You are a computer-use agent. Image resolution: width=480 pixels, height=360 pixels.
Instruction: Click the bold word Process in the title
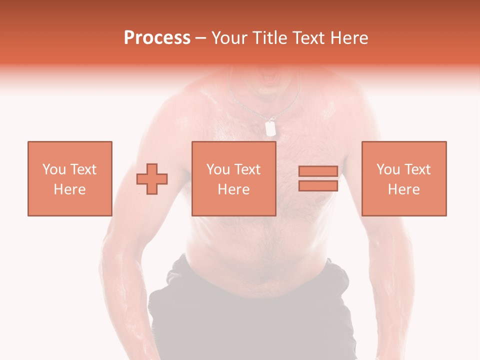tap(157, 38)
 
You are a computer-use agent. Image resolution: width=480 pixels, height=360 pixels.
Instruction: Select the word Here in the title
tap(349, 38)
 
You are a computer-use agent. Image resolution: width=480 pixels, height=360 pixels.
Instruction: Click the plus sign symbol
tap(152, 178)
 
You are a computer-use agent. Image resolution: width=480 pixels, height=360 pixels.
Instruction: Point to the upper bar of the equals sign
tap(318, 171)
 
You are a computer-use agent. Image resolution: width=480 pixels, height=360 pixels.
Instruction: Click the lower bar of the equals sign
tap(318, 186)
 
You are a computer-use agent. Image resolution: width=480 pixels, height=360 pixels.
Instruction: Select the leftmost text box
tap(69, 178)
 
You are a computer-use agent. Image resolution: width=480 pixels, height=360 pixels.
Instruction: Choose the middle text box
tap(233, 178)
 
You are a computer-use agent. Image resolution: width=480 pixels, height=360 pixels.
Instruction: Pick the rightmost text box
tap(403, 178)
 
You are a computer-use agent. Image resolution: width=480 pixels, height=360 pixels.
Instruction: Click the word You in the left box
tap(54, 169)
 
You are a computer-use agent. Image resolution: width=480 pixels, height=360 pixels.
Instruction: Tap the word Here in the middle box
tap(233, 189)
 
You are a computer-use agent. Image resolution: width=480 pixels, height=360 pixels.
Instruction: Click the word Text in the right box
tap(418, 169)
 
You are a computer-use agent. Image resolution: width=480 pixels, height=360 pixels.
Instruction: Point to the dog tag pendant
tap(270, 128)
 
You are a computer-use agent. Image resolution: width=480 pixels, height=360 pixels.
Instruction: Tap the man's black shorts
tap(250, 310)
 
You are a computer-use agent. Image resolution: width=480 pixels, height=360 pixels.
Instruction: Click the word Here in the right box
tap(403, 189)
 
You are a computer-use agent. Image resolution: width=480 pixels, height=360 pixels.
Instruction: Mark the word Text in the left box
tap(83, 169)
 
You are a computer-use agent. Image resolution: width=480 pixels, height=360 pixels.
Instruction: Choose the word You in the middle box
tap(218, 169)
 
